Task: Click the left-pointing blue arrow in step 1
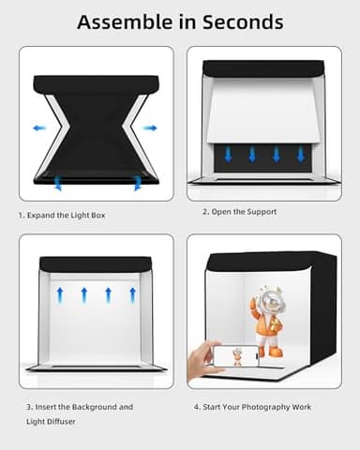click(38, 127)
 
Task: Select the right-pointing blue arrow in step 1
click(150, 127)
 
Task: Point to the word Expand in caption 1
click(45, 215)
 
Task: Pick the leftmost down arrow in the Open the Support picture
click(227, 155)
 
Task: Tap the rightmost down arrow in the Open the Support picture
click(300, 155)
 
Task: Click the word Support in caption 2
click(262, 212)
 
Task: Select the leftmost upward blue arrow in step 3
click(59, 294)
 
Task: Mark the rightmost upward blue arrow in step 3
click(132, 294)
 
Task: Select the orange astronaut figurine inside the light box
click(269, 324)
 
